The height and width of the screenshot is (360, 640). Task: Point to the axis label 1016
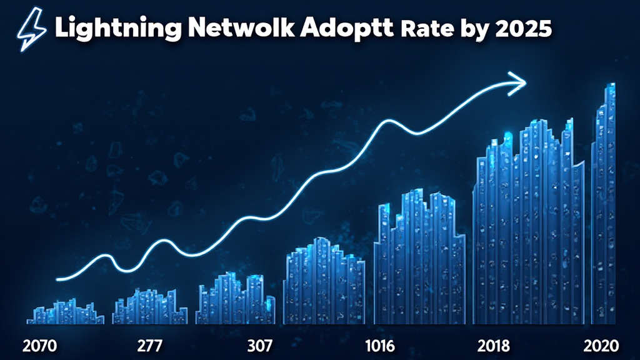coord(379,345)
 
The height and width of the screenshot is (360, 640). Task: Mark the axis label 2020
coord(601,345)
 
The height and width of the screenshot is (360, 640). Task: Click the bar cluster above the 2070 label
coord(65,312)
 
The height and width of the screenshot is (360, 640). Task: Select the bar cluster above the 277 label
coord(150,307)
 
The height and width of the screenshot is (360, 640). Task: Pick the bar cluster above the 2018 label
coord(528,225)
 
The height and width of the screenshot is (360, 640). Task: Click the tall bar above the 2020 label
coord(604,206)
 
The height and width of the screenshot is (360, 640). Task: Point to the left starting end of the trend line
coord(58,279)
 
